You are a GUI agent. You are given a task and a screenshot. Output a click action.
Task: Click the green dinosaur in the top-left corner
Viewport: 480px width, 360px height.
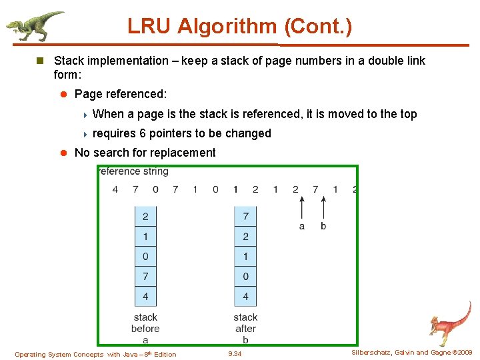pyautogui.click(x=33, y=25)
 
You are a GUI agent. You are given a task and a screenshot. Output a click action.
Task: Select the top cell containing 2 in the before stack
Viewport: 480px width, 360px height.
pyautogui.click(x=145, y=217)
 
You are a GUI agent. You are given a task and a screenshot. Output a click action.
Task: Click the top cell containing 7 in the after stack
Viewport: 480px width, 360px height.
pyautogui.click(x=245, y=217)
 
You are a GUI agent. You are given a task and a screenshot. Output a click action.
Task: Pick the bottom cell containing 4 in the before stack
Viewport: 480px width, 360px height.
pyautogui.click(x=145, y=296)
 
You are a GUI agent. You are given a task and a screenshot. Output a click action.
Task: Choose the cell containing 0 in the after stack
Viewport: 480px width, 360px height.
pyautogui.click(x=245, y=276)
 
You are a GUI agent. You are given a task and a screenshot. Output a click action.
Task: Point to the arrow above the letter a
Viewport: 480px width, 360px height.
pyautogui.click(x=302, y=206)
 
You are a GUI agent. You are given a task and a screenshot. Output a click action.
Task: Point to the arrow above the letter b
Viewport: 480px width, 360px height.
pyautogui.click(x=323, y=206)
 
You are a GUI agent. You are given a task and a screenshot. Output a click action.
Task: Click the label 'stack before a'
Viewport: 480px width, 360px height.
pyautogui.click(x=145, y=328)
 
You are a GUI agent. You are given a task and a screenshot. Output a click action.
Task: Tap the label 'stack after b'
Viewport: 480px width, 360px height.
pyautogui.click(x=245, y=328)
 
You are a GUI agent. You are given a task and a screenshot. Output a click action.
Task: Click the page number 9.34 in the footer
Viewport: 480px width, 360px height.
pyautogui.click(x=235, y=354)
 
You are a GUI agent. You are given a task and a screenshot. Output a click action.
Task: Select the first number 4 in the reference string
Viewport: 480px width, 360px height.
pyautogui.click(x=115, y=189)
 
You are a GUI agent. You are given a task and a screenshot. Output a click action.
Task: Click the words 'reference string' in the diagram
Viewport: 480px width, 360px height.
pyautogui.click(x=133, y=171)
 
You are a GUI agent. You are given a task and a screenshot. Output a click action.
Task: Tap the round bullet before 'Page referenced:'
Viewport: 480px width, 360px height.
pyautogui.click(x=65, y=95)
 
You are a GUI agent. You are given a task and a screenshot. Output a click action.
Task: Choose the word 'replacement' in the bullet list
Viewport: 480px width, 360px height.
pyautogui.click(x=185, y=153)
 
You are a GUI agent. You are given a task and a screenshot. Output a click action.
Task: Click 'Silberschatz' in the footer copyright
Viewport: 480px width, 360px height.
pyautogui.click(x=372, y=353)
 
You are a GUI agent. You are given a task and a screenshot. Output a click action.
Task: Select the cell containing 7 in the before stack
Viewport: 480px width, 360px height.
pyautogui.click(x=145, y=276)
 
